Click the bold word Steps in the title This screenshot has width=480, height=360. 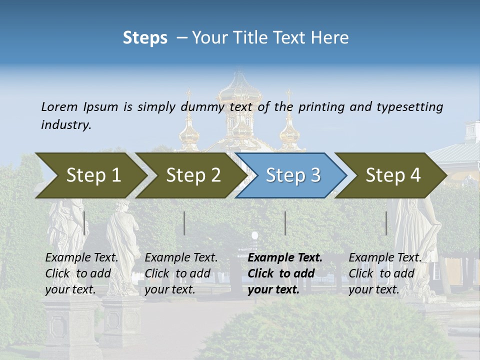pos(145,38)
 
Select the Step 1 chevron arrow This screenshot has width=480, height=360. pos(90,175)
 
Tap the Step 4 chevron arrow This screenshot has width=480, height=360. pos(392,175)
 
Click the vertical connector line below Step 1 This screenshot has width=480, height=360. pos(84,223)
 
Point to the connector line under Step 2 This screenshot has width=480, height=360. pos(184,223)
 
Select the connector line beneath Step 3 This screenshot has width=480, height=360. pos(285,223)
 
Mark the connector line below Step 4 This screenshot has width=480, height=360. pos(386,223)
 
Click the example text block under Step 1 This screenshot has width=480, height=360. pos(81,273)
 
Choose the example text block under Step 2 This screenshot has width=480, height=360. pos(181,273)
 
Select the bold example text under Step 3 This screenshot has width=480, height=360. pos(285,273)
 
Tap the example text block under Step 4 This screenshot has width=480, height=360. pos(385,273)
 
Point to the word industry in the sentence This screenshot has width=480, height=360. pos(66,125)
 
